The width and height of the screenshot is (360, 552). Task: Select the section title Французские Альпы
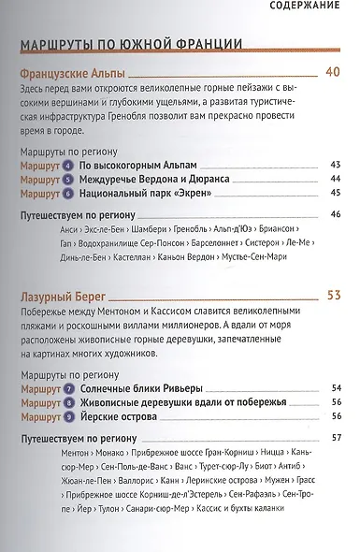pyautogui.click(x=72, y=73)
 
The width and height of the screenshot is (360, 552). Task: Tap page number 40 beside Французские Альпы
pyautogui.click(x=334, y=72)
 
